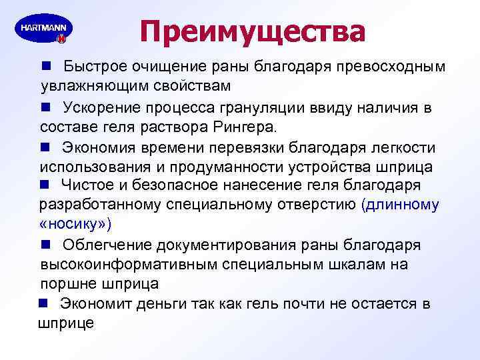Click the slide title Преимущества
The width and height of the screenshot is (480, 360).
[x=253, y=32]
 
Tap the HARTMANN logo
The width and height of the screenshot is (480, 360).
[x=43, y=31]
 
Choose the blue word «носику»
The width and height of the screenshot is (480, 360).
[x=75, y=223]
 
